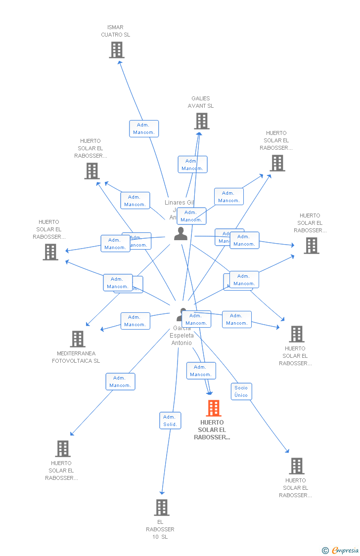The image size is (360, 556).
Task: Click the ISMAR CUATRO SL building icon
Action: (117, 50)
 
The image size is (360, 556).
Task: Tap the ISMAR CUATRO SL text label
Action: (115, 31)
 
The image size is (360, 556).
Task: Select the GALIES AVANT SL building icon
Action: (201, 121)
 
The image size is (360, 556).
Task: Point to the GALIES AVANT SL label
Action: (200, 102)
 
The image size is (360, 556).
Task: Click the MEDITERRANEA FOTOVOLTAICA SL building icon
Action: (78, 339)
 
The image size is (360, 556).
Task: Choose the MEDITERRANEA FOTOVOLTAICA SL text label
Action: (76, 357)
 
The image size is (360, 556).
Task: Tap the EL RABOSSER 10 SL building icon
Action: (162, 508)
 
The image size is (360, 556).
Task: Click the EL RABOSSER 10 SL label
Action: (160, 529)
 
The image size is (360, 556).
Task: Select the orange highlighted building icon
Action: (214, 408)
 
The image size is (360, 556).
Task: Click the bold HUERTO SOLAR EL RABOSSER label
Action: (212, 430)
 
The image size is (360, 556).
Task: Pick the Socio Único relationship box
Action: (241, 391)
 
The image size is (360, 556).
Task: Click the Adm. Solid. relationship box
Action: (170, 421)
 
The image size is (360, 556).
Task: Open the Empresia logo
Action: (345, 550)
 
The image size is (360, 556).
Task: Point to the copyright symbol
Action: (325, 550)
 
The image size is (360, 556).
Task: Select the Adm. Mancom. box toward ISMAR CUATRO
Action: (144, 128)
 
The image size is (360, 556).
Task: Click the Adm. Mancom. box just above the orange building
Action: (201, 371)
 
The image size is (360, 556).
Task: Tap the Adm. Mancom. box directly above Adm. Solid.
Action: (120, 382)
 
